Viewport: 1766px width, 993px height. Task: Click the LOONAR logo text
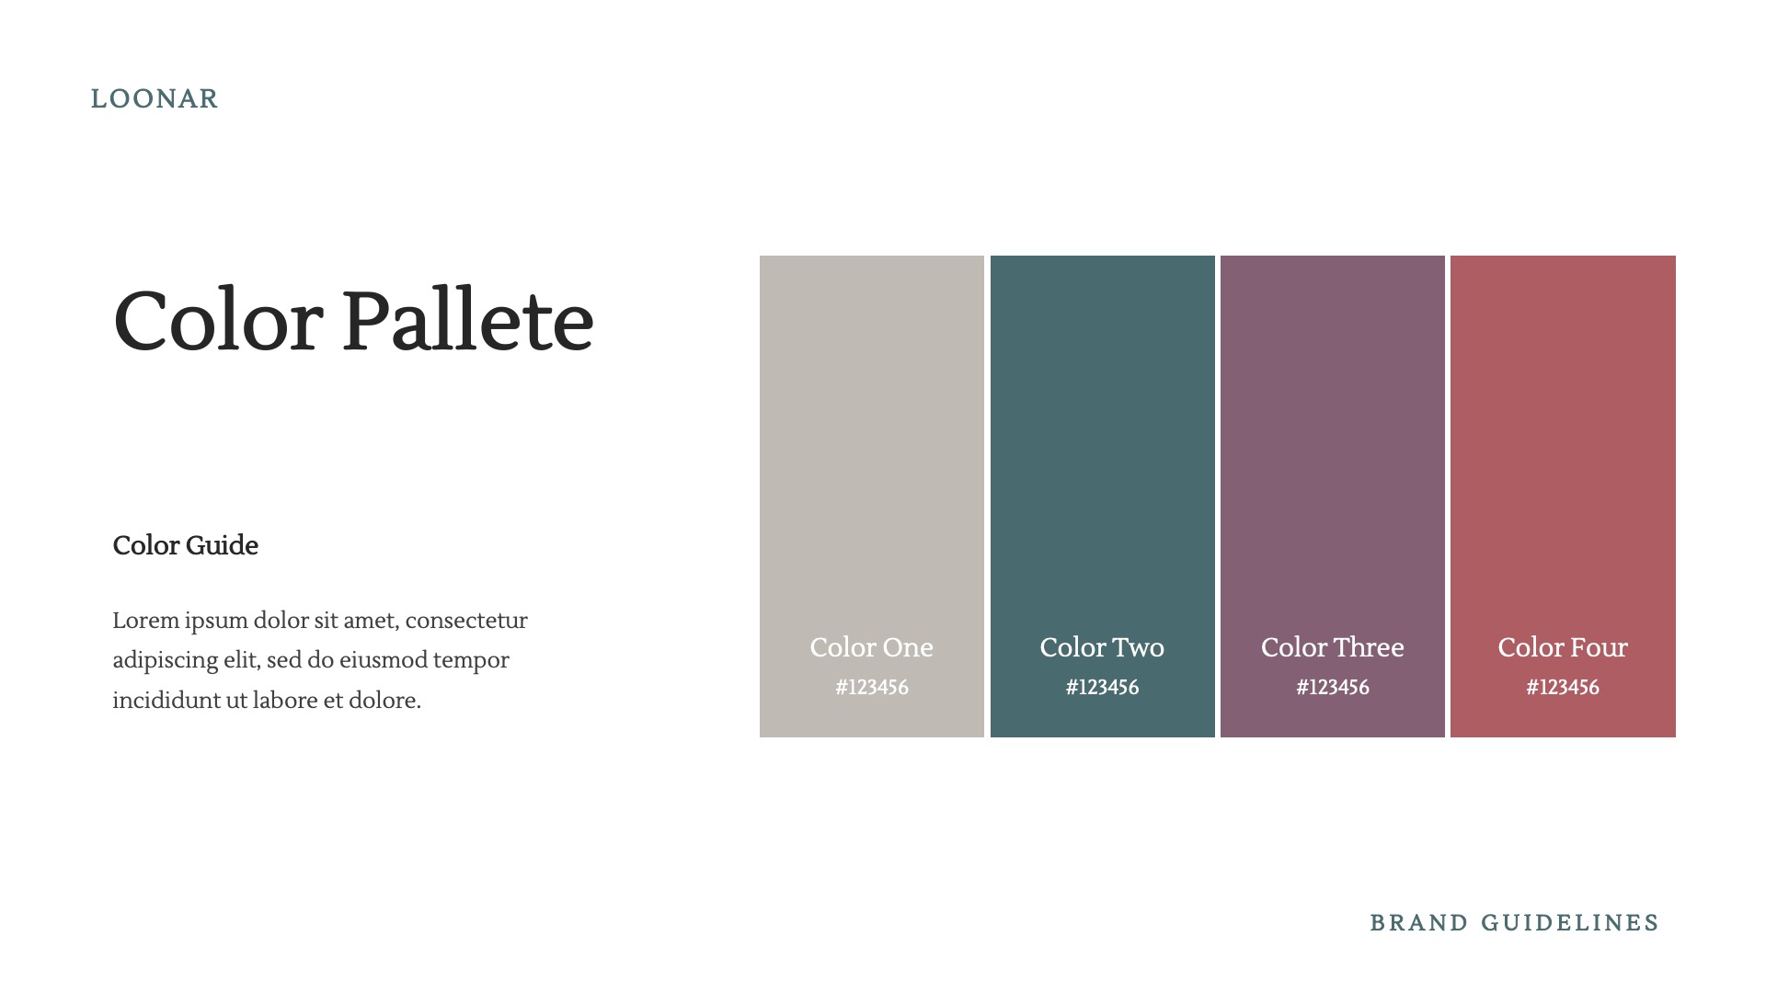coord(155,99)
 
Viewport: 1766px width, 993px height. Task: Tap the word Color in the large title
coord(218,321)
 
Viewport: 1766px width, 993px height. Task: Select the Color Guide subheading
coord(185,545)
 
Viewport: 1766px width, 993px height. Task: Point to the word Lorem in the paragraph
coord(145,621)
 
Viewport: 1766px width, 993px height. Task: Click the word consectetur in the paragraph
coord(466,621)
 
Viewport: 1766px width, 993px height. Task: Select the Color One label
coord(871,647)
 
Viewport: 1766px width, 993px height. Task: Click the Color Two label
coord(1102,647)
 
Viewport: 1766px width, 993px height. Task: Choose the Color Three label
coord(1332,647)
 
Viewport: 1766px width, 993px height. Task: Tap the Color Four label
coord(1563,647)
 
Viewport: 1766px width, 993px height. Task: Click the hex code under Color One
coord(871,688)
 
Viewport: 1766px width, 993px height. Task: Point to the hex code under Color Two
coord(1102,688)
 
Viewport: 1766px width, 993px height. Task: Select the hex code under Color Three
coord(1332,688)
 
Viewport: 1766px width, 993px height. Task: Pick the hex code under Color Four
coord(1563,688)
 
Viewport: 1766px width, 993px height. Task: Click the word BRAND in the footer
coord(1418,923)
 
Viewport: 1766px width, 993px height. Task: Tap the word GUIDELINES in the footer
coord(1570,923)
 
